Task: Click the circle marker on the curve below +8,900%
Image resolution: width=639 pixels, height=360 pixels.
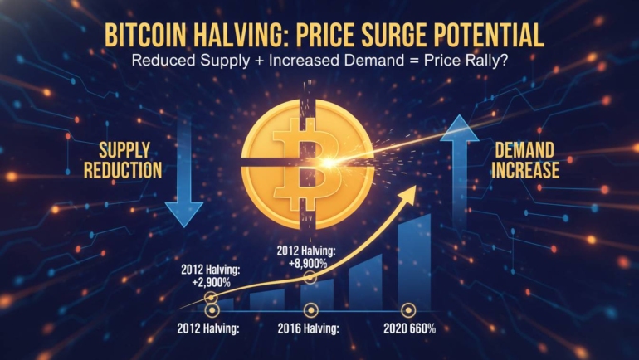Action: click(309, 277)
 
